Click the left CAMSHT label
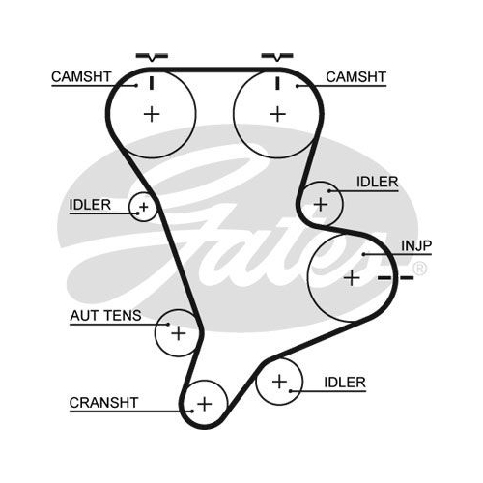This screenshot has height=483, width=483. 81,77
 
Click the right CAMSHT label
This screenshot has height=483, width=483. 355,77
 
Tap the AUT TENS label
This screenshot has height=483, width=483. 105,316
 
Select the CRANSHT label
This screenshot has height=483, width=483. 103,403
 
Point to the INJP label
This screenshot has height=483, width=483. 416,246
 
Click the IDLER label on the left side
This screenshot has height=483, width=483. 90,205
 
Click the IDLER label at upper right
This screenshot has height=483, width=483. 377,183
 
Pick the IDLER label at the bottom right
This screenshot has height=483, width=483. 345,383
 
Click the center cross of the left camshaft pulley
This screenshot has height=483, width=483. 152,114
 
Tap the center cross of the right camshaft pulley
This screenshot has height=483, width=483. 277,114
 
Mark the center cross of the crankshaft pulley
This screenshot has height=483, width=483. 205,404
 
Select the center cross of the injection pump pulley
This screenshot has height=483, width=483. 352,277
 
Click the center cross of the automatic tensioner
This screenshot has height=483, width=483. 179,333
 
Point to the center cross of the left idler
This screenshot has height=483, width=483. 144,207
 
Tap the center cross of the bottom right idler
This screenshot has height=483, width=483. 279,382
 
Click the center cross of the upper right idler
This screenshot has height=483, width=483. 321,204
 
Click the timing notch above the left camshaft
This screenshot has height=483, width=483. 152,57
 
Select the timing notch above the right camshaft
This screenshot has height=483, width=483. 277,57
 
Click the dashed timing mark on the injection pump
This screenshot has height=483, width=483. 395,277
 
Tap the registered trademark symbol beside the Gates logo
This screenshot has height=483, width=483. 419,269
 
